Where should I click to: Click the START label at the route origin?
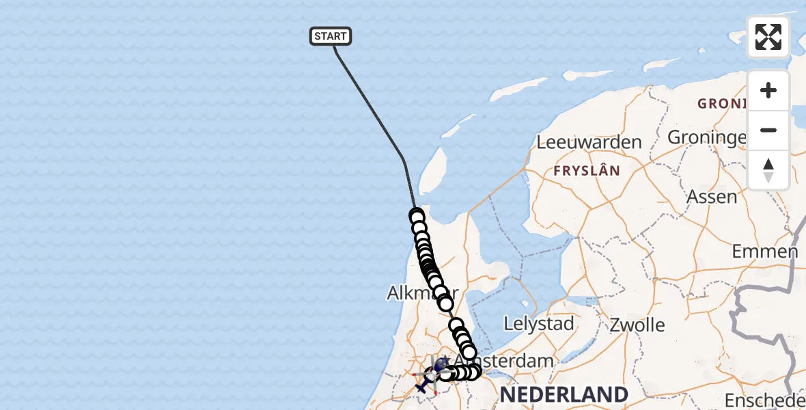(331, 36)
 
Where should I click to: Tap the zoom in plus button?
(768, 90)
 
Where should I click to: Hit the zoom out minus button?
(768, 130)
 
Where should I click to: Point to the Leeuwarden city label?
(589, 142)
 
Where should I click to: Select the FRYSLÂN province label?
(587, 171)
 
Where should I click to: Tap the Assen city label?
(712, 197)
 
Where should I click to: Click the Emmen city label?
(764, 251)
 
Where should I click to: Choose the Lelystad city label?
(538, 323)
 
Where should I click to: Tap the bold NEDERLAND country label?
(564, 394)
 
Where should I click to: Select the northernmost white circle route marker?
(417, 217)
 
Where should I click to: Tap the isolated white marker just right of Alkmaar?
(446, 303)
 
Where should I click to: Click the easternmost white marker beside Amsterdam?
(473, 372)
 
